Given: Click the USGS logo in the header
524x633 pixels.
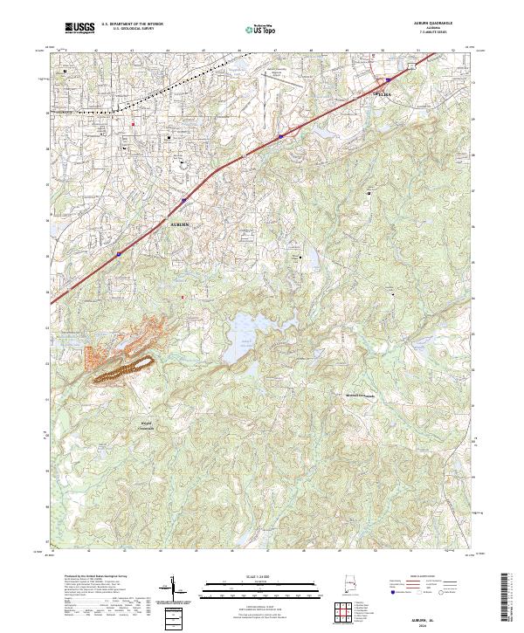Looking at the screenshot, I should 79,29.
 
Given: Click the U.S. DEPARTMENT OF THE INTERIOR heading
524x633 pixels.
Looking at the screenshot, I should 132,25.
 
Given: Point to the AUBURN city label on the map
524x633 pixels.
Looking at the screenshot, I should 178,224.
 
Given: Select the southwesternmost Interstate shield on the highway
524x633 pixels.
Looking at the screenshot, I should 120,255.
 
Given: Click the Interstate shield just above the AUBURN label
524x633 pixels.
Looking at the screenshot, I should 183,201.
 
